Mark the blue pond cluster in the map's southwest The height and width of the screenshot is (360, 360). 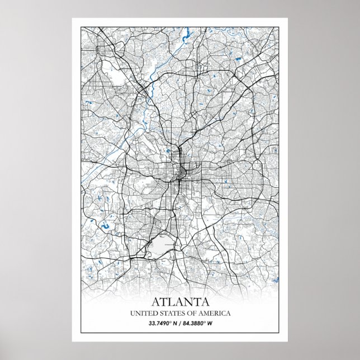(105, 226)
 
